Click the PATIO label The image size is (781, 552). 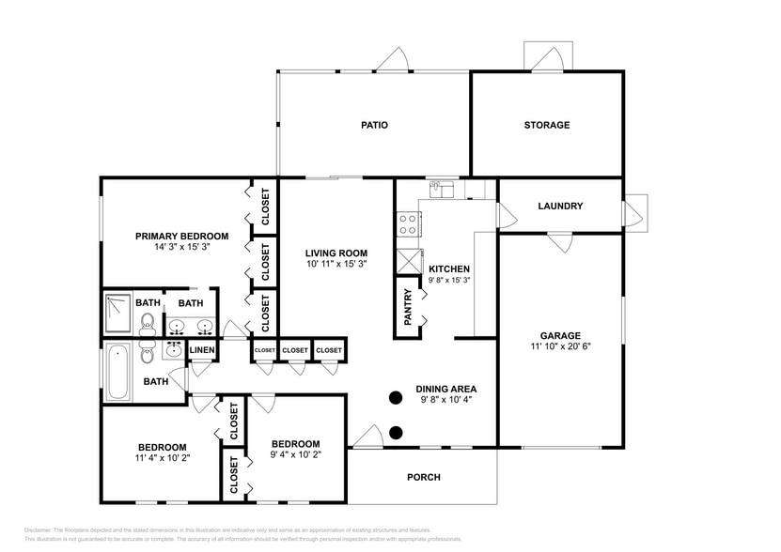coord(374,125)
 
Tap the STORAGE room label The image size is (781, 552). coord(546,125)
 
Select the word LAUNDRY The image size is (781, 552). coord(560,207)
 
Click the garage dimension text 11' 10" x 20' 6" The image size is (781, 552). coord(560,346)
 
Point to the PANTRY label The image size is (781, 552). coord(408,307)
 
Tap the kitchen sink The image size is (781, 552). coord(442,190)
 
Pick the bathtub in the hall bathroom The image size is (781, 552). coord(118,371)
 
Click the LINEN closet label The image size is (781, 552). coord(203,351)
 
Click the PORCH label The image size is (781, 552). coord(423,477)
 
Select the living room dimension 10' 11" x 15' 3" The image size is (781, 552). coord(336,265)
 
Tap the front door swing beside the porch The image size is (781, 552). coord(368,435)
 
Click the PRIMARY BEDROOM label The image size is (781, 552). coord(181,237)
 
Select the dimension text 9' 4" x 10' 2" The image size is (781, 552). coord(295,456)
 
